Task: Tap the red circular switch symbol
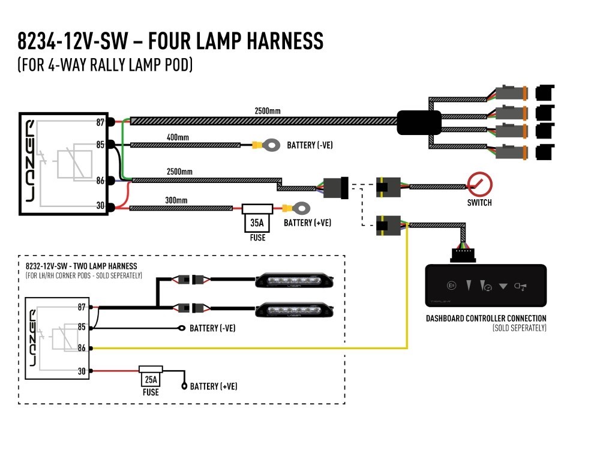click(x=479, y=184)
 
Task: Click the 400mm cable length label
click(x=178, y=137)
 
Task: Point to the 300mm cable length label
click(x=176, y=200)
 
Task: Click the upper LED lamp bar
click(x=294, y=280)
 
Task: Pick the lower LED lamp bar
click(x=294, y=310)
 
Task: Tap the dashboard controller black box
click(x=485, y=286)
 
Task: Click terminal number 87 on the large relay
click(x=100, y=122)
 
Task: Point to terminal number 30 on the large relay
click(x=100, y=205)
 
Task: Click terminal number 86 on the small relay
click(x=82, y=348)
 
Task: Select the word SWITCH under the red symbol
click(x=479, y=202)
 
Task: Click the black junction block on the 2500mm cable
click(x=419, y=122)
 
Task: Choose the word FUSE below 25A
click(x=151, y=392)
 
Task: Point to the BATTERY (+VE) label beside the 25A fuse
click(x=214, y=386)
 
